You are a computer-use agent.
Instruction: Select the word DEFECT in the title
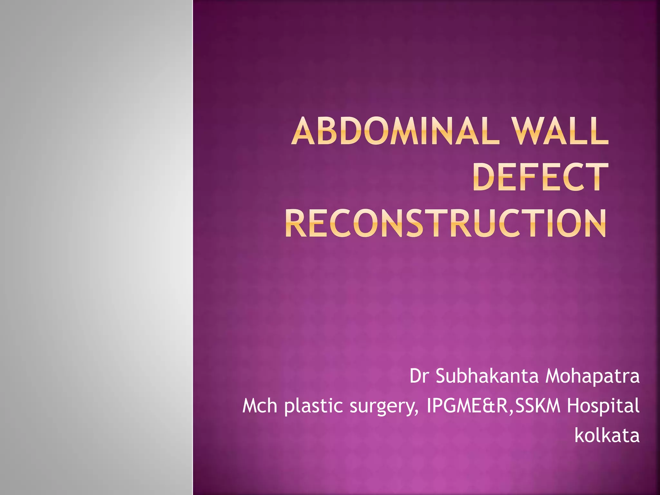[x=540, y=177]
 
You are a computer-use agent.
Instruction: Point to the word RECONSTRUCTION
[x=445, y=223]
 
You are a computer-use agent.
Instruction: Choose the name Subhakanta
[x=487, y=376]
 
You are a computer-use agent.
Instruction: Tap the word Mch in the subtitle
[x=260, y=406]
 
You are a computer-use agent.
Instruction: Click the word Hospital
[x=603, y=406]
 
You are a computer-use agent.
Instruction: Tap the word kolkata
[x=607, y=435]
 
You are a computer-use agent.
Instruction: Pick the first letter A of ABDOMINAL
[x=304, y=131]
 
